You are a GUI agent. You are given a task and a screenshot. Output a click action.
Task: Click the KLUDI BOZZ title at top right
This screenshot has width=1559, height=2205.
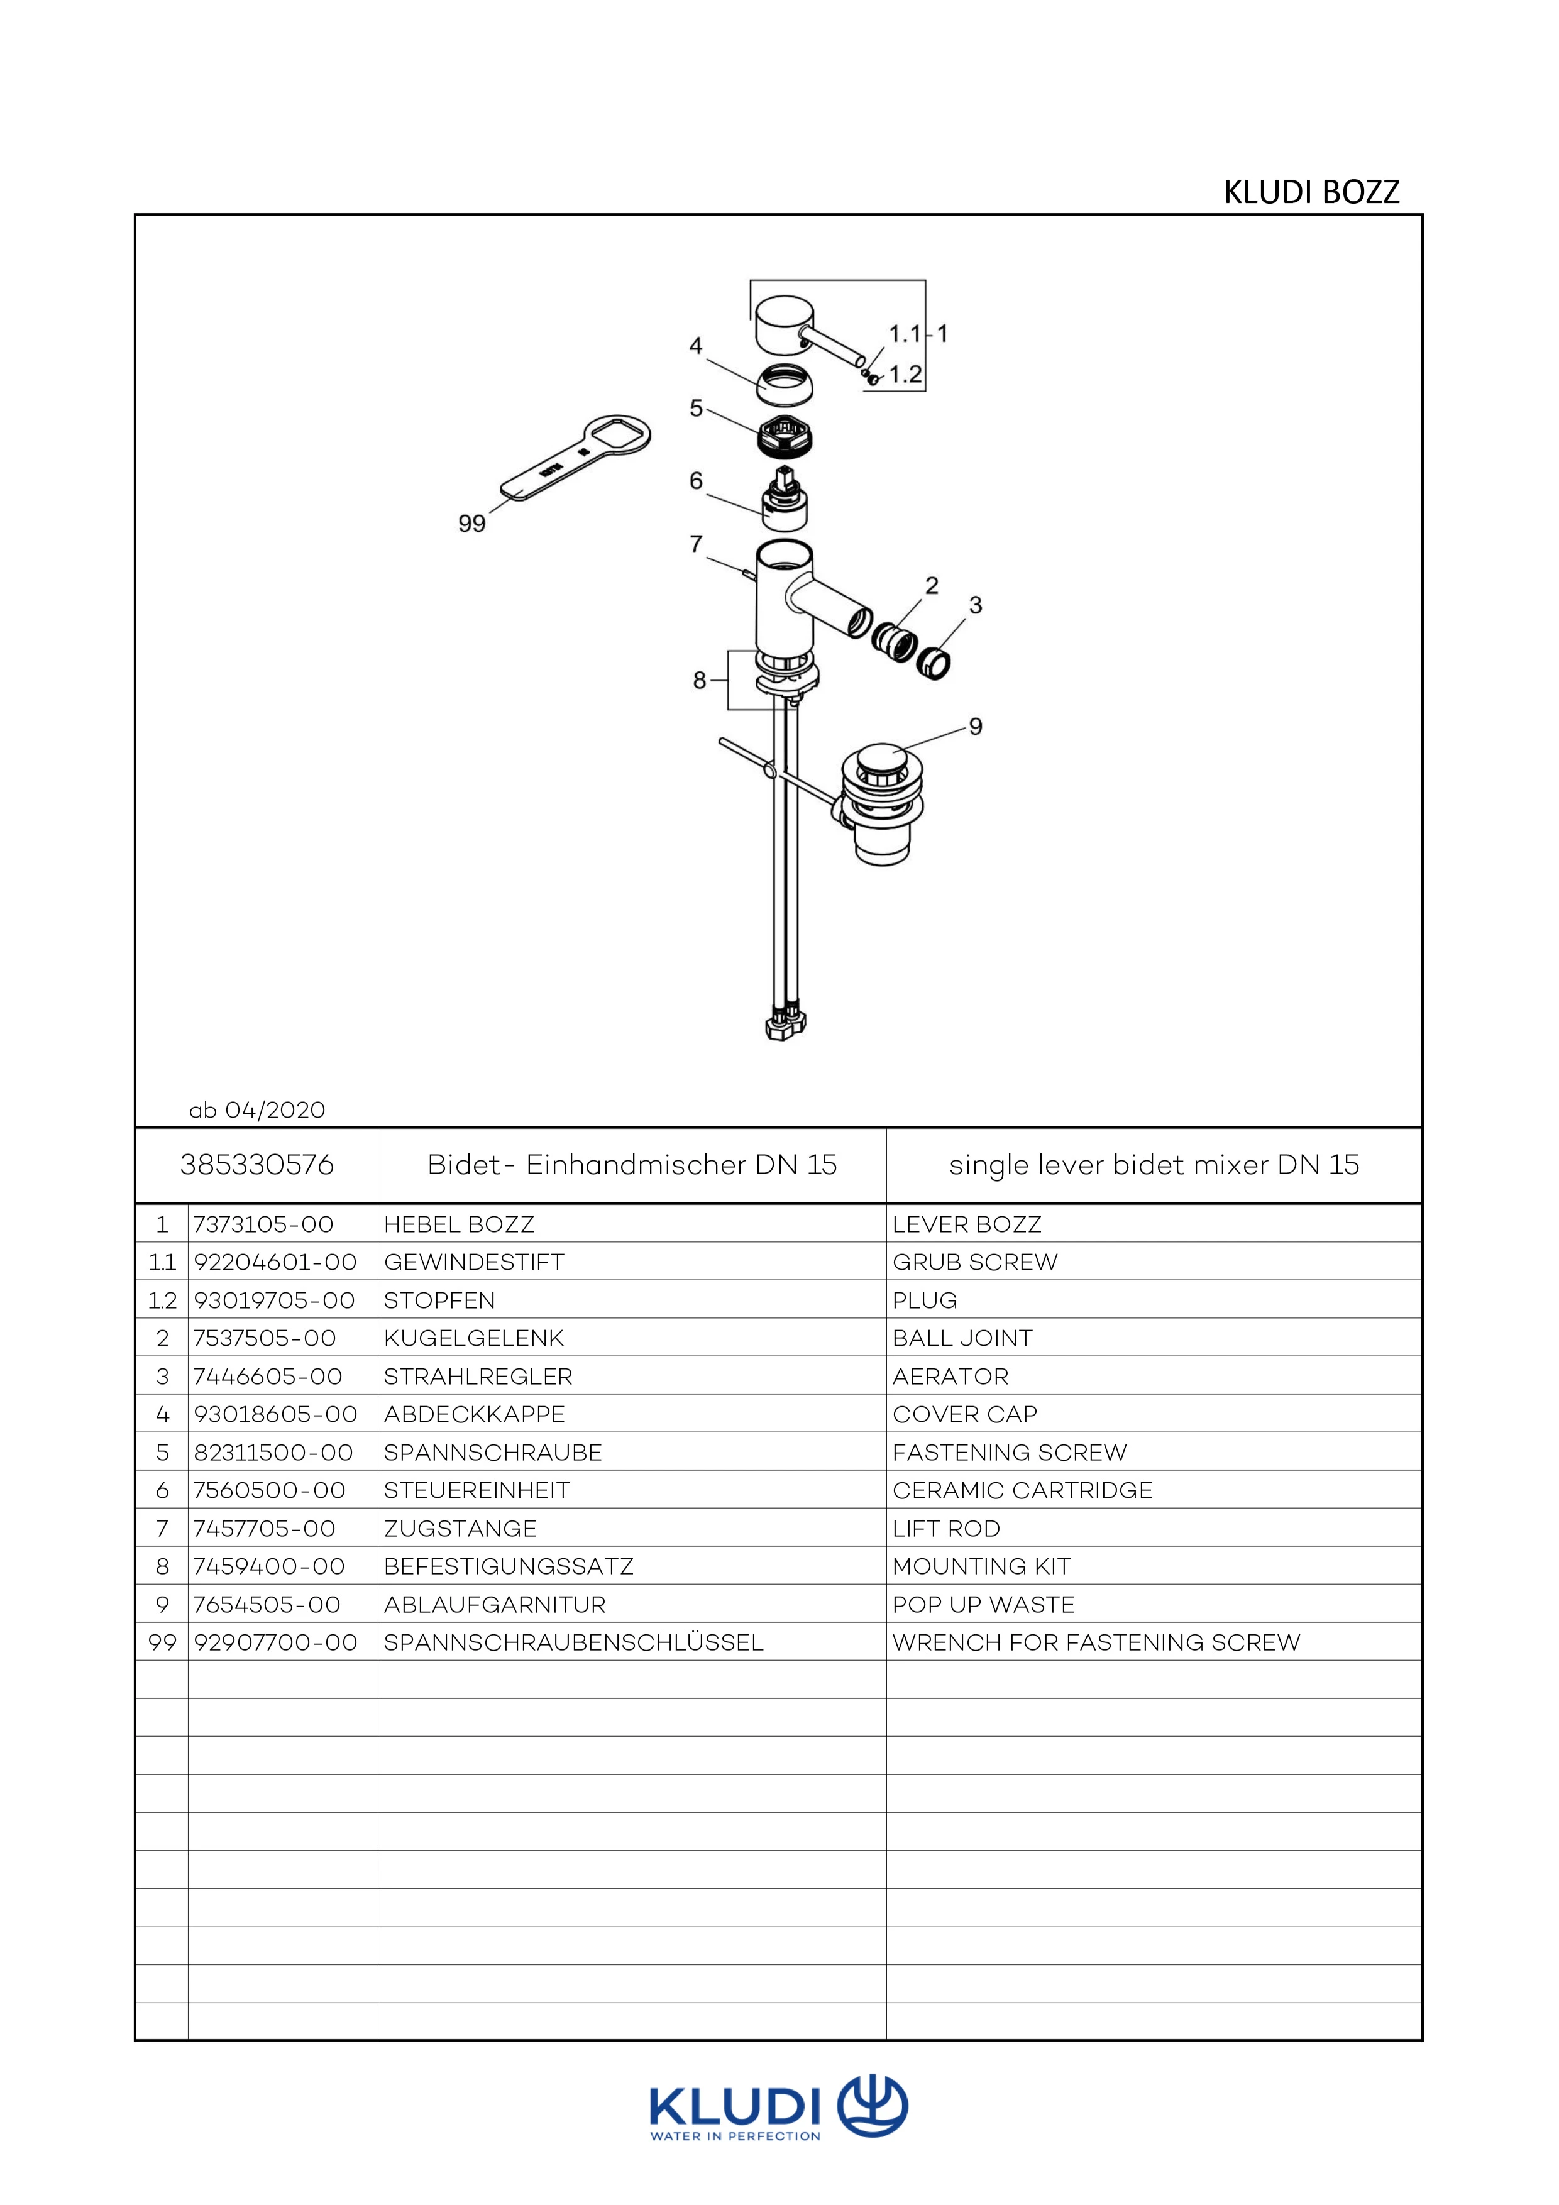pos(1311,192)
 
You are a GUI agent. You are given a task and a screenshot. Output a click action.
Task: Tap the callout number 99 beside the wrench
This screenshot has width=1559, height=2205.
pos(471,524)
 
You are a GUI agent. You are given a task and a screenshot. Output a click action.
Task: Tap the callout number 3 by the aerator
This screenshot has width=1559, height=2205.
pos(976,605)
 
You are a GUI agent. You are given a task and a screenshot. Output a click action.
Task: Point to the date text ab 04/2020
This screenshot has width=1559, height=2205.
pos(258,1110)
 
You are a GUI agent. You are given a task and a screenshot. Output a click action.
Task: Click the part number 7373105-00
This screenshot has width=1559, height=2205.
pos(263,1224)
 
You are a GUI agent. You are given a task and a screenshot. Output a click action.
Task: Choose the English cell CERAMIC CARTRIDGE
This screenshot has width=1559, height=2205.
pos(1022,1490)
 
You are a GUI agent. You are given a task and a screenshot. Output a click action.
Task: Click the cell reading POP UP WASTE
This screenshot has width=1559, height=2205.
pos(984,1605)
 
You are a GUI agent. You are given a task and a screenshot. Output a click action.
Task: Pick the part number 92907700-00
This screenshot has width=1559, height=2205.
pos(276,1642)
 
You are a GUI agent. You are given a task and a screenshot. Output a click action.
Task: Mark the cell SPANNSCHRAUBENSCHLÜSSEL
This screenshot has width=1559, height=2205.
pos(573,1642)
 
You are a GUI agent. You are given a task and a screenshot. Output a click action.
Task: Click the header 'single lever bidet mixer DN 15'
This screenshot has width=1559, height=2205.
pos(1154,1165)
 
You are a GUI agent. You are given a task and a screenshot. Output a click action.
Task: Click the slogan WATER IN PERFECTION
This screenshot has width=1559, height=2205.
pos(735,2136)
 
